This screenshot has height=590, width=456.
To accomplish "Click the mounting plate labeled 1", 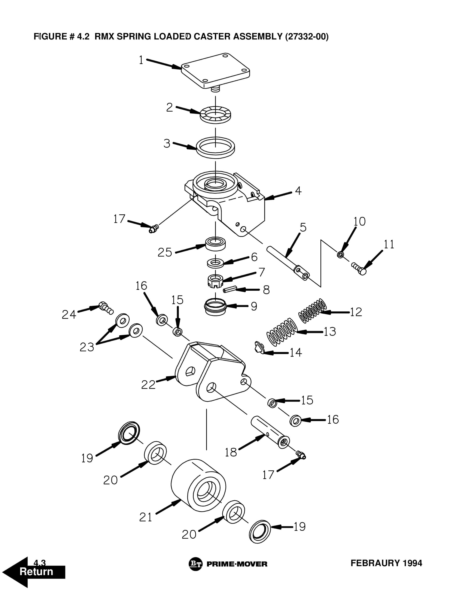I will [215, 70].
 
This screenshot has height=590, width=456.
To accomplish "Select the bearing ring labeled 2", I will [215, 115].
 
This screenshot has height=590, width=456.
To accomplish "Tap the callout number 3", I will [167, 143].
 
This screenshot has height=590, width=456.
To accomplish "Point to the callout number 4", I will [298, 191].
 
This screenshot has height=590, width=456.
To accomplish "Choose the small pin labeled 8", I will [230, 290].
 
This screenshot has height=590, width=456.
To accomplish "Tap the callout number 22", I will [148, 385].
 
